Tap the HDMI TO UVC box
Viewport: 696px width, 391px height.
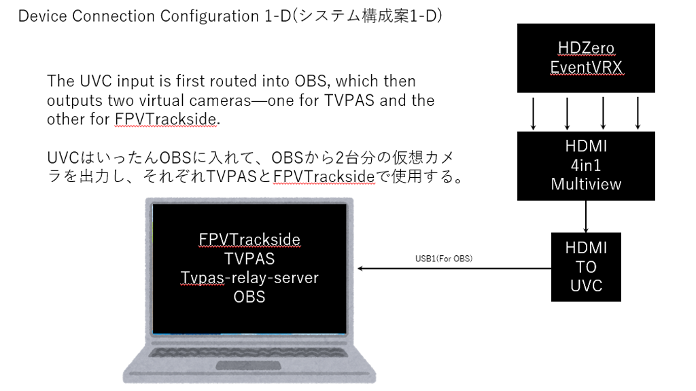tap(586, 267)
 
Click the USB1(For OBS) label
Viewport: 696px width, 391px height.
tap(443, 259)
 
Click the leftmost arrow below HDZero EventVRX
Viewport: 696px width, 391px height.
tap(534, 113)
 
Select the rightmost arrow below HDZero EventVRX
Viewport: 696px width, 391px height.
tap(638, 113)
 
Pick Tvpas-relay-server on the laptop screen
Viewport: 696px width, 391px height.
tap(249, 278)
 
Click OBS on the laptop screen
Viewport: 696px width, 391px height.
tap(249, 297)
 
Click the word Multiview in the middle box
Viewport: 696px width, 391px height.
tap(586, 184)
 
